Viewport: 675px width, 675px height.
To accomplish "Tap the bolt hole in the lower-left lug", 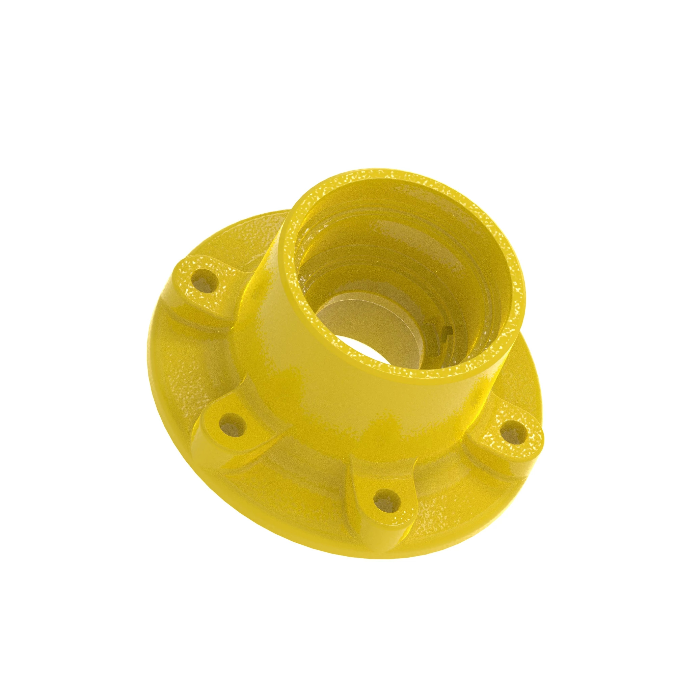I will pyautogui.click(x=232, y=424).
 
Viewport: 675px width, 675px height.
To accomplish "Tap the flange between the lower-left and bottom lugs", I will pyautogui.click(x=300, y=482).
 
